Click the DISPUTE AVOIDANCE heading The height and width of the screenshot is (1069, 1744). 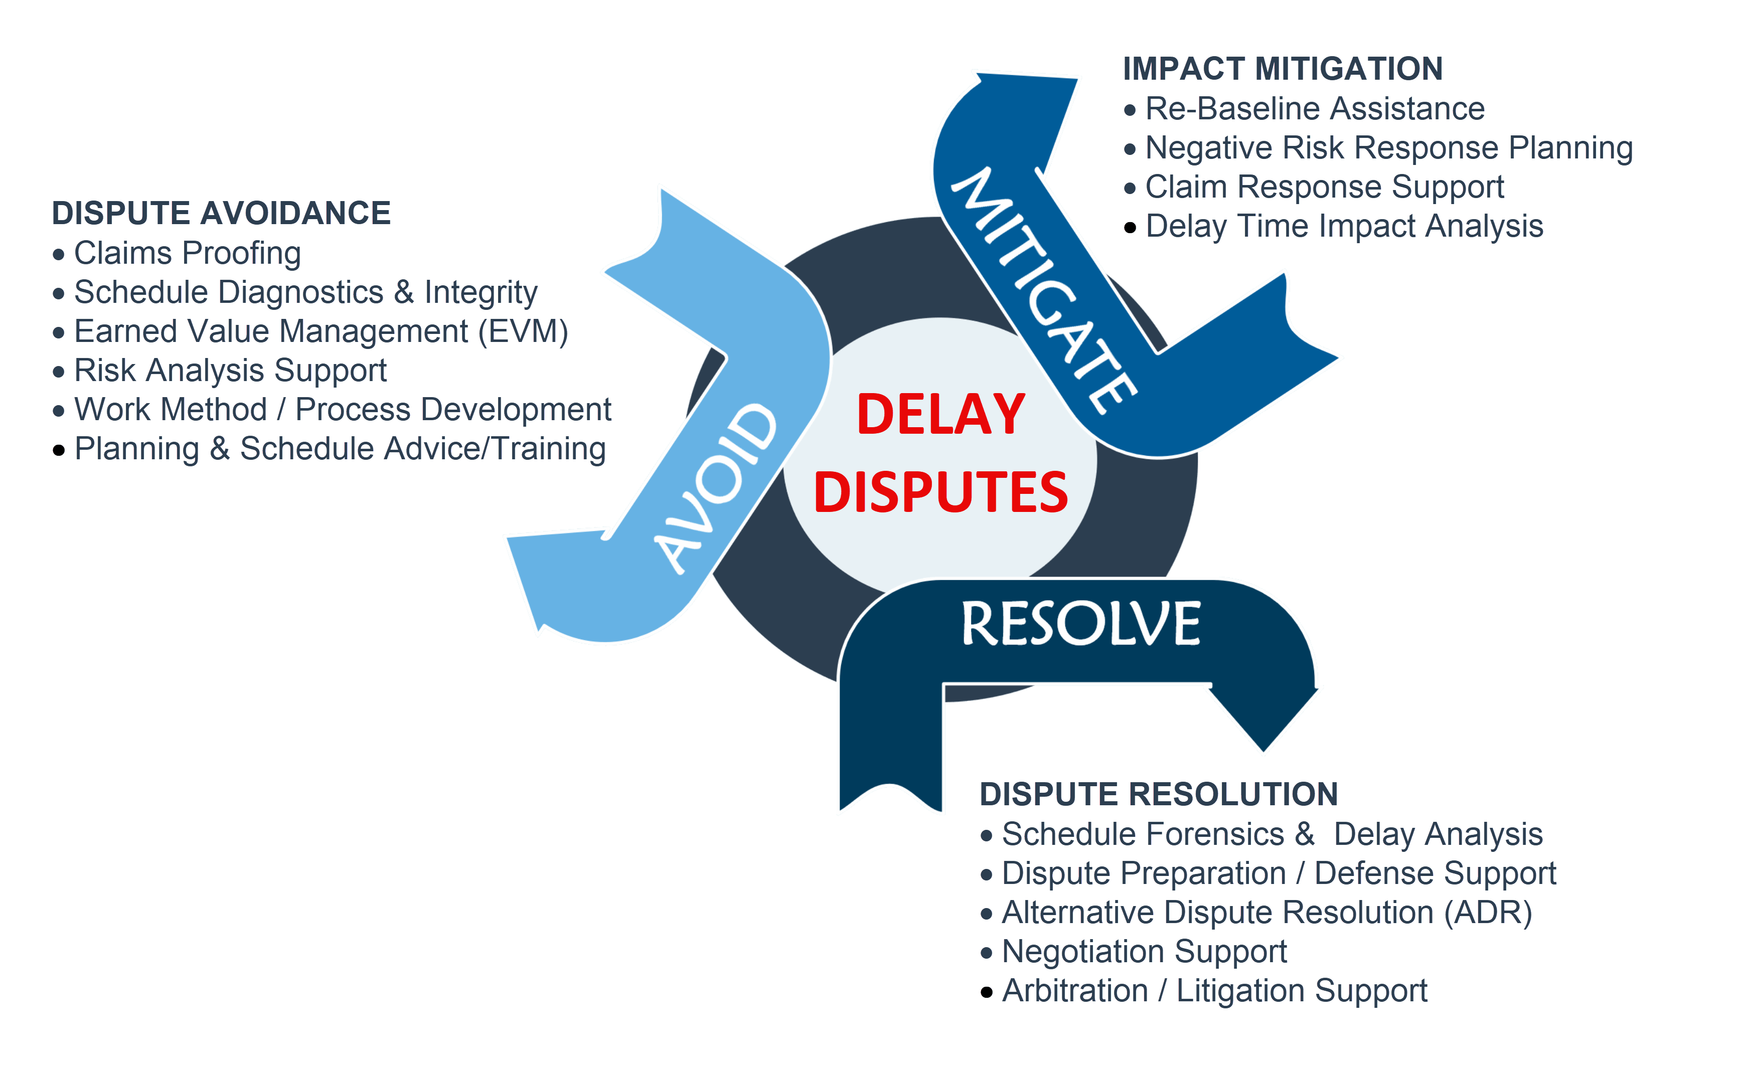[222, 213]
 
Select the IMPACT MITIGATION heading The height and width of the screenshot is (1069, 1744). [1283, 69]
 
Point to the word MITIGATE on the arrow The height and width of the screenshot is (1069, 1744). [1044, 291]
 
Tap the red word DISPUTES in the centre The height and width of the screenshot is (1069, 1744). [940, 492]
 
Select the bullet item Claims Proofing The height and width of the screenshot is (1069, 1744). [188, 253]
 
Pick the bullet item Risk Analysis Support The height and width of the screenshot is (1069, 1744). [231, 370]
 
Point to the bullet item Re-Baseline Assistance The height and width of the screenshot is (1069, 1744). [1314, 108]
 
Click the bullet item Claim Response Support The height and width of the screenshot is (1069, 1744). [1324, 187]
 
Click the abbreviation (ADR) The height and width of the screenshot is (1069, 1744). [1488, 913]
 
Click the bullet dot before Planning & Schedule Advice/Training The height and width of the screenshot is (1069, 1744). [59, 450]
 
